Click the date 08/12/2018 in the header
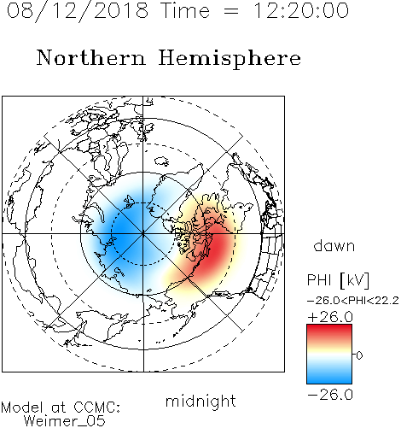point(78,11)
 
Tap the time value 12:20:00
point(301,11)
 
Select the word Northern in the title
point(91,57)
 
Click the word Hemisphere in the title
point(230,59)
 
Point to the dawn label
point(334,245)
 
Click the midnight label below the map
point(200,402)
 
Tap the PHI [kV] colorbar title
point(338,280)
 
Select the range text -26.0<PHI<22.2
point(353,301)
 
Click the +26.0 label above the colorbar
point(330,317)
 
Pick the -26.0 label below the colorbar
point(330,395)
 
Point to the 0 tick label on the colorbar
point(359,355)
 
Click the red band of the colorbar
point(329,332)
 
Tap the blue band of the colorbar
point(329,375)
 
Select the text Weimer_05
point(65,421)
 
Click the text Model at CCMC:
point(61,408)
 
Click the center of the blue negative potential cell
point(125,231)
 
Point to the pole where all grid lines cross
point(143,234)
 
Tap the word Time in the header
point(185,11)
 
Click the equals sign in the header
point(230,11)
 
